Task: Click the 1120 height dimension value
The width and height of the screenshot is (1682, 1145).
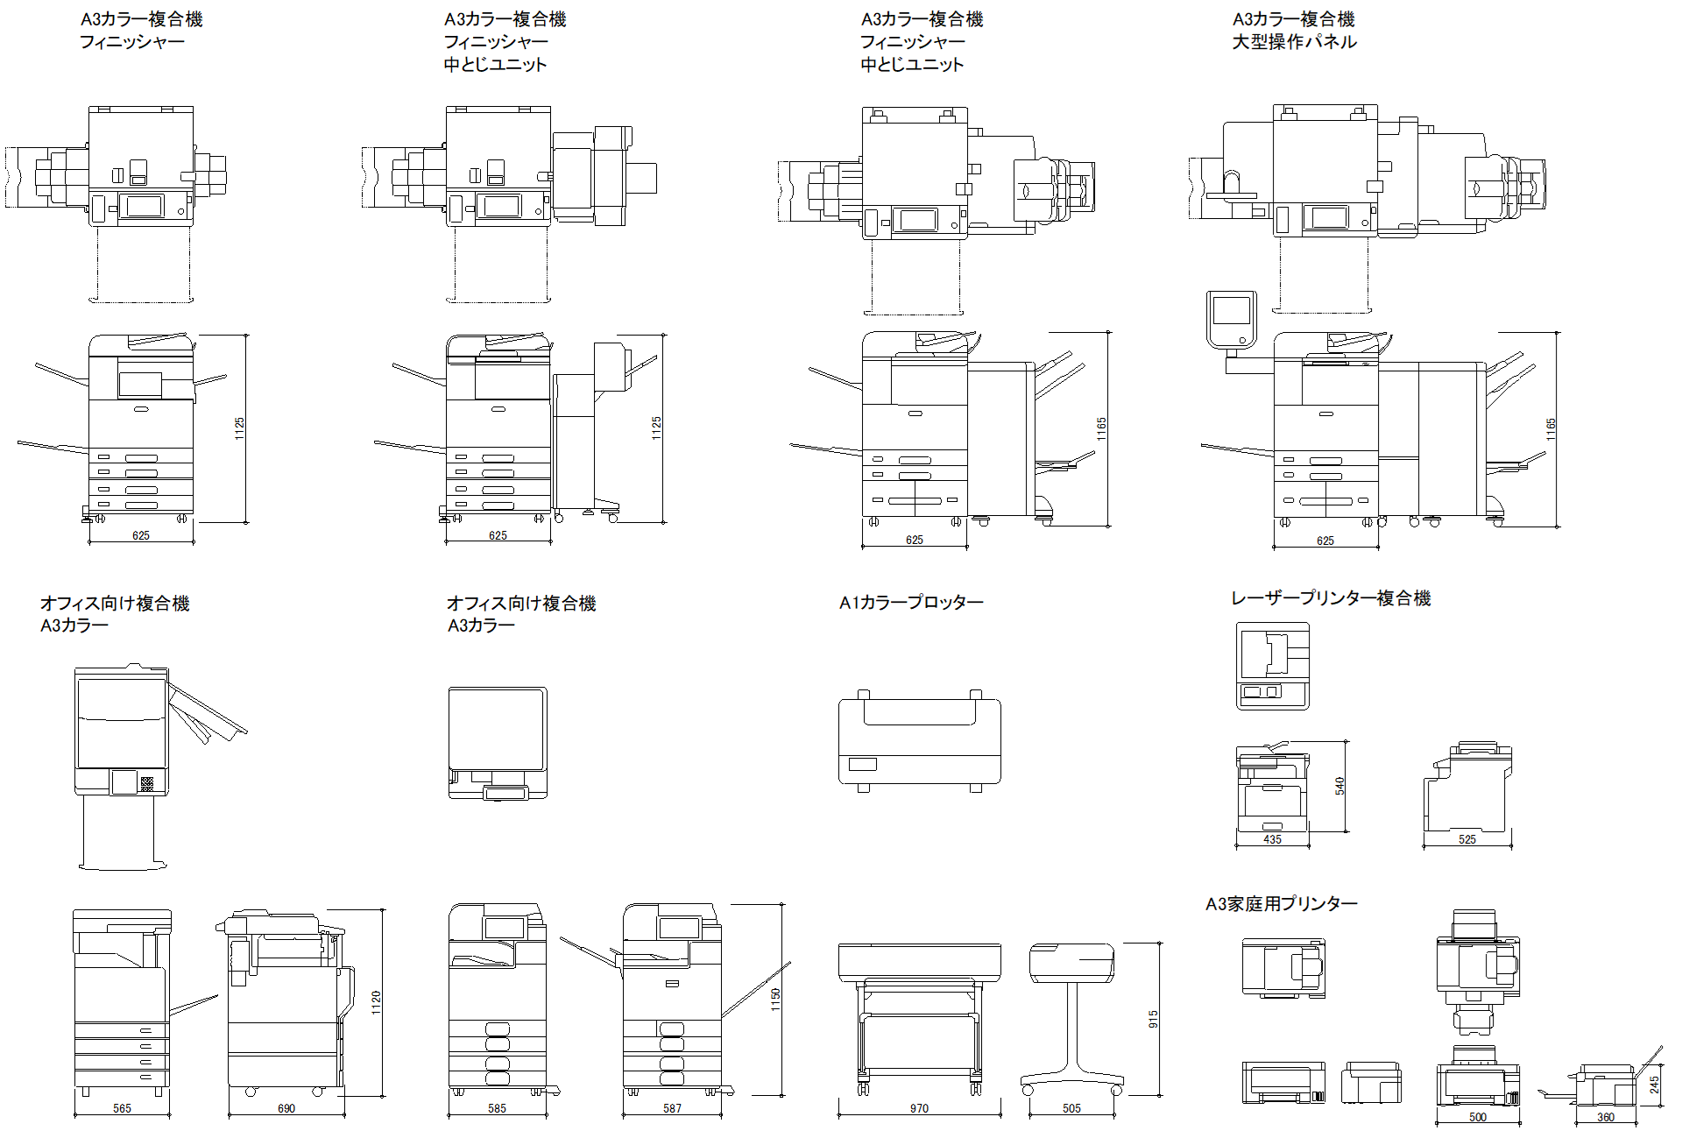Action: (376, 1002)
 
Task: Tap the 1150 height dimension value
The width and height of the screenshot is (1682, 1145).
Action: (775, 1000)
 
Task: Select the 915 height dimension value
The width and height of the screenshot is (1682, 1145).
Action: (1153, 1019)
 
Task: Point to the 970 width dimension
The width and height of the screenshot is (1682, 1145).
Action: (919, 1108)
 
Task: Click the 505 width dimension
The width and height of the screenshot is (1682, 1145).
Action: (1071, 1108)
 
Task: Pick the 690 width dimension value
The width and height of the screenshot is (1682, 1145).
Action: (286, 1108)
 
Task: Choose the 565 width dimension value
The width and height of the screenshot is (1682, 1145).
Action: (122, 1108)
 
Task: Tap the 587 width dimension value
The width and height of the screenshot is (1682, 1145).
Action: (672, 1108)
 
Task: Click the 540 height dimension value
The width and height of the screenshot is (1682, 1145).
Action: (1339, 786)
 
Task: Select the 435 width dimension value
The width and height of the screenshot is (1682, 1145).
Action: (1272, 839)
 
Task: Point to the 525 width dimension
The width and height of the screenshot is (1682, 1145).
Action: (1467, 839)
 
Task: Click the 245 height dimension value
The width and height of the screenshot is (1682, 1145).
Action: (1654, 1085)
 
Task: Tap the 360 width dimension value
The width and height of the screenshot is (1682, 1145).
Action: (1606, 1117)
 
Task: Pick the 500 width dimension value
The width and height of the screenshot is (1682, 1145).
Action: (1478, 1117)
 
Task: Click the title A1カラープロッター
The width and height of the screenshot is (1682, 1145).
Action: (911, 603)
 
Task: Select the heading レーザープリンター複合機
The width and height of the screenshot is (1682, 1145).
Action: (1331, 598)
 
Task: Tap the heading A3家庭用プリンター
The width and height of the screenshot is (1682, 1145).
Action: (1282, 904)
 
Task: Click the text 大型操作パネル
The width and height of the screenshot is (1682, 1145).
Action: (1294, 42)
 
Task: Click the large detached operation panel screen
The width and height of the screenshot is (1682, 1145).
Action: (1230, 310)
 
